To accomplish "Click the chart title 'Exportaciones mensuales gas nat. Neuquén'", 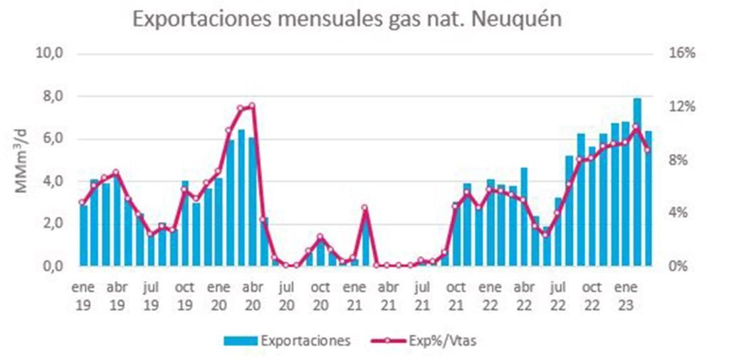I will click(x=347, y=19).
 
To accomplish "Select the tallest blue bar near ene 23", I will click(x=637, y=181).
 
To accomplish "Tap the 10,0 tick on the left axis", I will click(x=51, y=54).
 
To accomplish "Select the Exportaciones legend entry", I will click(x=288, y=341).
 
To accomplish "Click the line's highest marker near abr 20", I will click(x=252, y=106).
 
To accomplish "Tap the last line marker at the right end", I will click(x=647, y=149).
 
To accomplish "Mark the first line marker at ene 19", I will click(x=83, y=202).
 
